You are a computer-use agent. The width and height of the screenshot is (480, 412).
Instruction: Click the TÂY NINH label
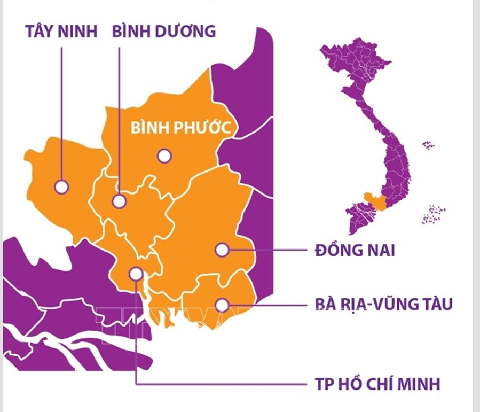coord(61,31)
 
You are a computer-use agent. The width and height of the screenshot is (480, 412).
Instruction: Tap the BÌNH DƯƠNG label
coord(164,31)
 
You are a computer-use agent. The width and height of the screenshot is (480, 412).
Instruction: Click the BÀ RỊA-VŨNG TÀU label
coord(384,305)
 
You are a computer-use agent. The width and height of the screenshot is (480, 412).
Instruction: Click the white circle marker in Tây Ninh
coord(62,186)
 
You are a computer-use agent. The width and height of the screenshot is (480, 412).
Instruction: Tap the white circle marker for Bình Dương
coord(119,201)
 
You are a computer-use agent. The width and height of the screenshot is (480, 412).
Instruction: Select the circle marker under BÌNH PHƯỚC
coord(164,156)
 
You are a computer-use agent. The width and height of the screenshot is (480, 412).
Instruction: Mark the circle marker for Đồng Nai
coord(222,249)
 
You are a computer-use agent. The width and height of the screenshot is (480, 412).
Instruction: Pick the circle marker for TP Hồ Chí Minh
coord(136,274)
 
